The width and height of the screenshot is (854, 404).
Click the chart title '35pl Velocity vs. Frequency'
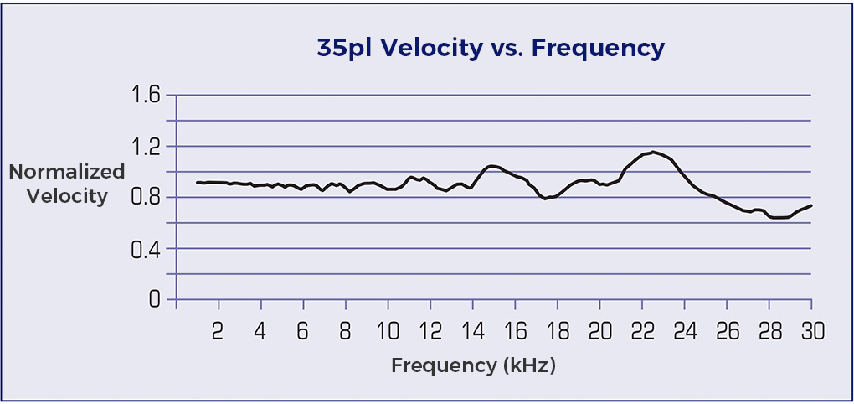pyautogui.click(x=490, y=49)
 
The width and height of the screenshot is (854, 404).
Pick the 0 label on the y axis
pyautogui.click(x=153, y=299)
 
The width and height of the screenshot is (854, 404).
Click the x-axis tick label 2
pyautogui.click(x=218, y=331)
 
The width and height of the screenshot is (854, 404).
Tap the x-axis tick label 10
pyautogui.click(x=388, y=331)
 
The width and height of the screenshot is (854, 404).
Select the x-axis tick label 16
pyautogui.click(x=515, y=331)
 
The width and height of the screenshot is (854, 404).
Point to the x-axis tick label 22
pyautogui.click(x=642, y=331)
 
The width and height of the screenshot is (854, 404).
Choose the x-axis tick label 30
pyautogui.click(x=811, y=331)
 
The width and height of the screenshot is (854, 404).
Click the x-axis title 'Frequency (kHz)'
pyautogui.click(x=473, y=365)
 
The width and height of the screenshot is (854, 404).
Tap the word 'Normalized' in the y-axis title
pyautogui.click(x=67, y=172)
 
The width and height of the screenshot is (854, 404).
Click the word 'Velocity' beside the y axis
pyautogui.click(x=67, y=197)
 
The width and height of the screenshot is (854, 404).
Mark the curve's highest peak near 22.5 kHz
pyautogui.click(x=653, y=152)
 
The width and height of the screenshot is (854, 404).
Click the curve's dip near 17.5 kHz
pyautogui.click(x=546, y=199)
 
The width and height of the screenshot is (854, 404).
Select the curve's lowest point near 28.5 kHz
pyautogui.click(x=779, y=218)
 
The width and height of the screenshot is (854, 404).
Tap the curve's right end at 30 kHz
pyautogui.click(x=811, y=205)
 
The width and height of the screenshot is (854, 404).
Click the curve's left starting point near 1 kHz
pyautogui.click(x=197, y=182)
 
